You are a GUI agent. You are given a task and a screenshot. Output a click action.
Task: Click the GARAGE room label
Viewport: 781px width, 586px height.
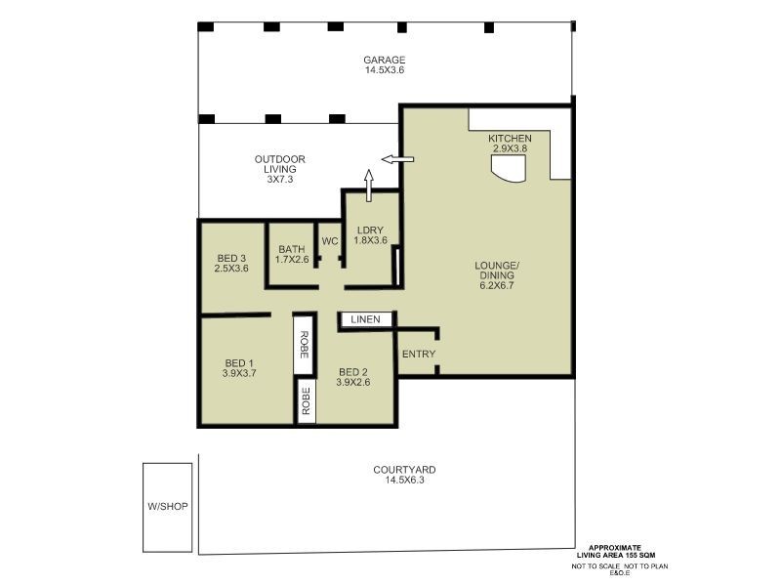385,60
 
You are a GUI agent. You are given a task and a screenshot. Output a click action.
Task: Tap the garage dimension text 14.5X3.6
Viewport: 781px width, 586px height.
385,70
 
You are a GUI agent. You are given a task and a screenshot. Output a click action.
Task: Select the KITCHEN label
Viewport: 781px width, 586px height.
510,139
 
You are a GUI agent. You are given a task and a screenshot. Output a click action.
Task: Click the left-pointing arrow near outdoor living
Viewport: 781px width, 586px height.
396,159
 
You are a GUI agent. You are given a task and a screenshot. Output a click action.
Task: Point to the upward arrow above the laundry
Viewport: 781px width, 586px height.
369,183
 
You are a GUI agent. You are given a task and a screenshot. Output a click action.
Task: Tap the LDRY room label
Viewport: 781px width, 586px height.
371,230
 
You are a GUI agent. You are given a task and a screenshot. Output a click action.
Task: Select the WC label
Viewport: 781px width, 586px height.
329,240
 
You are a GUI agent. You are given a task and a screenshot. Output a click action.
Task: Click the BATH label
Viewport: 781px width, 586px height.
292,249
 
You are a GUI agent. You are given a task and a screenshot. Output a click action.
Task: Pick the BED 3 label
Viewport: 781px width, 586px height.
231,258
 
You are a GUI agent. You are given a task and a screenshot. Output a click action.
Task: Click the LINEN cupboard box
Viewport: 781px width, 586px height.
366,319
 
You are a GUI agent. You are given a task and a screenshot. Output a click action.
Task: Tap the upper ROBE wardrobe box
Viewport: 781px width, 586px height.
304,344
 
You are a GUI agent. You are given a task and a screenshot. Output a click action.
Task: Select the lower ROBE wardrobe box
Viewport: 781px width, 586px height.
306,402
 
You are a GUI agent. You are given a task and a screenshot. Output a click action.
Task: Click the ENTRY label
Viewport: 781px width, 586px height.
419,354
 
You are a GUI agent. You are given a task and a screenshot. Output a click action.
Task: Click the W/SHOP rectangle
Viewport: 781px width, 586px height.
167,506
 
